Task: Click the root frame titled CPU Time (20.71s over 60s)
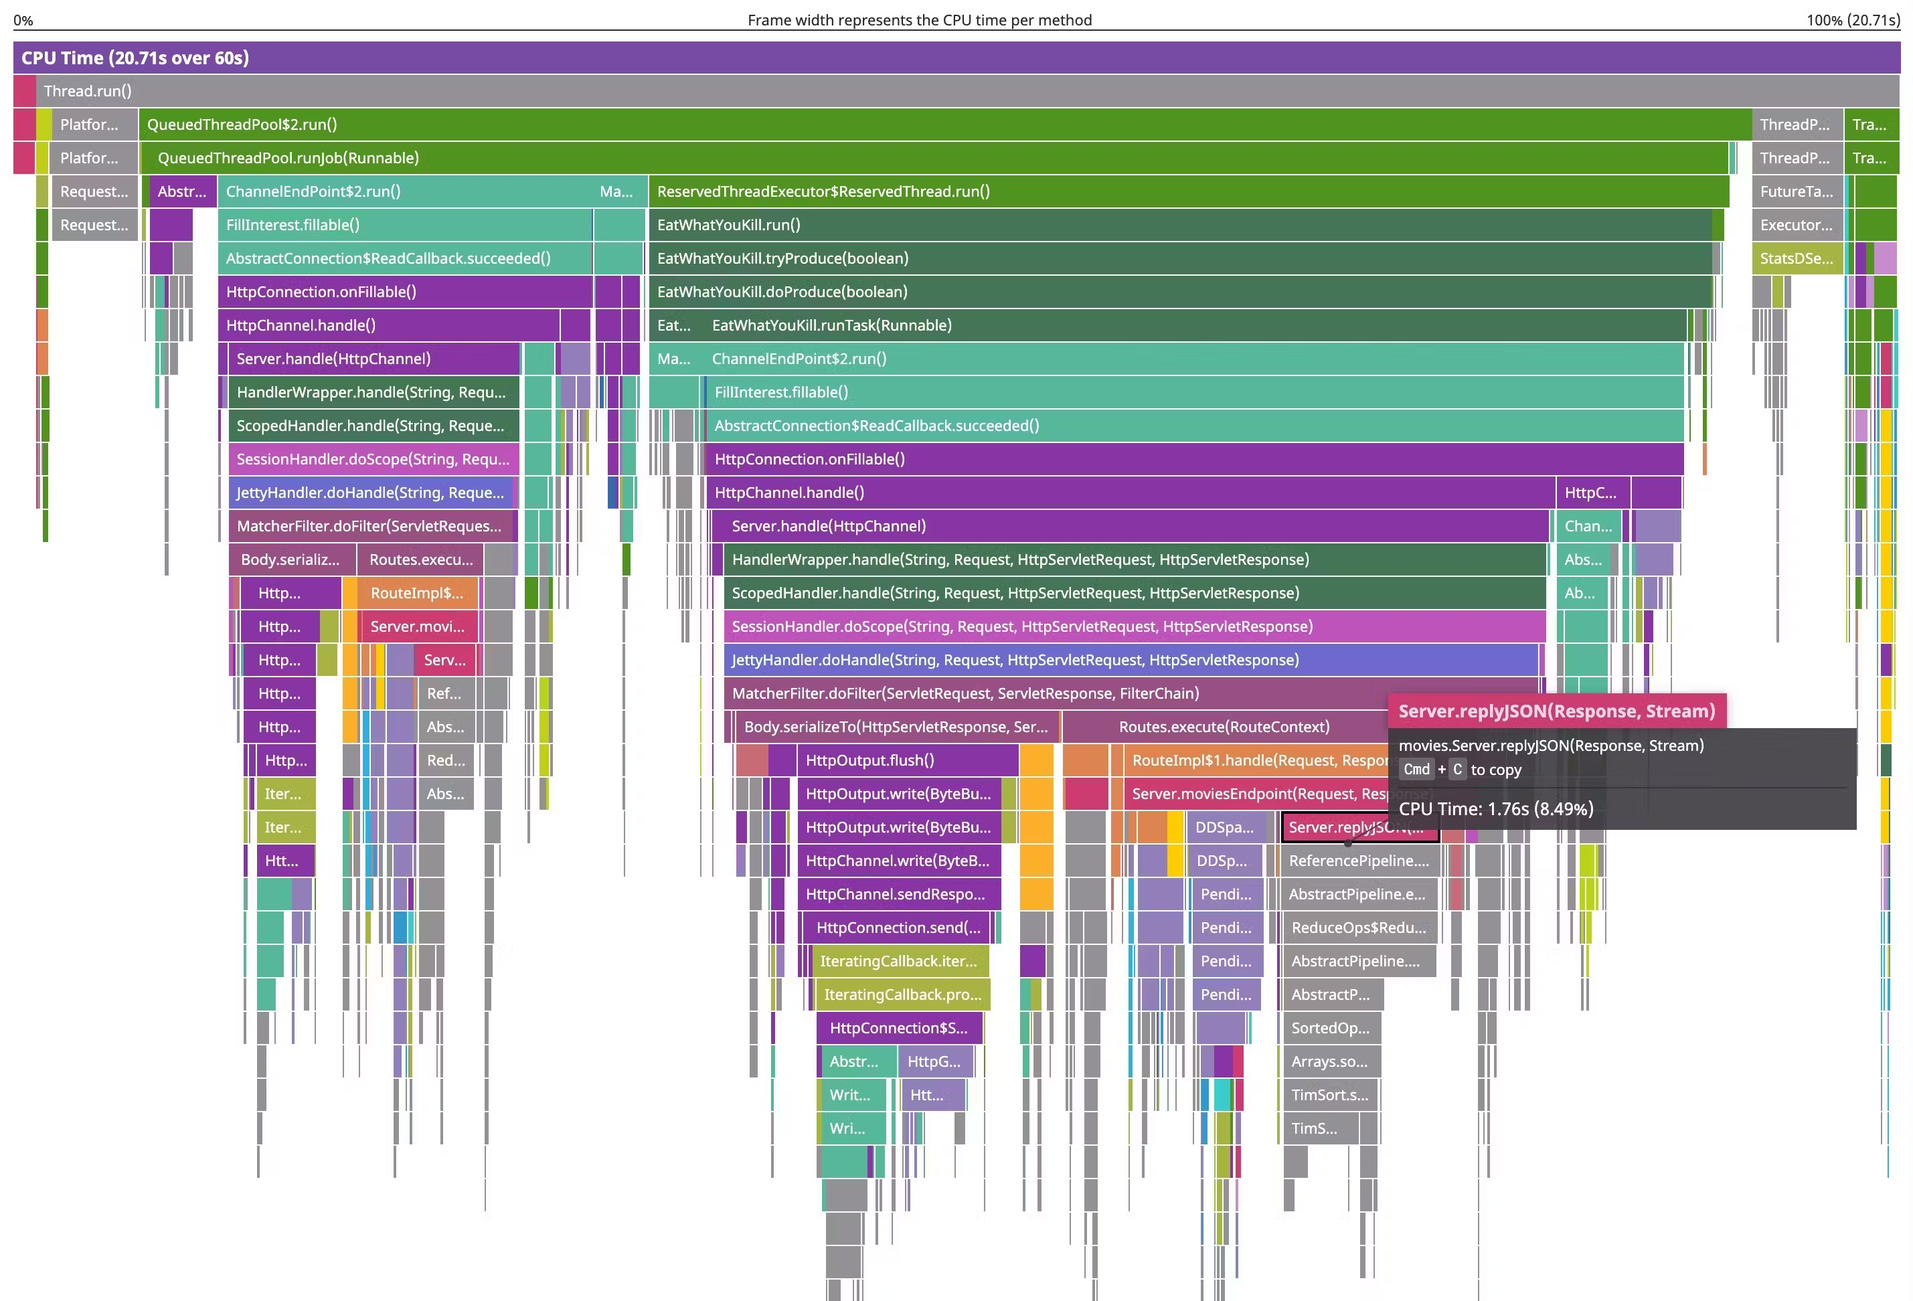(x=955, y=58)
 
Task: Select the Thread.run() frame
(x=955, y=91)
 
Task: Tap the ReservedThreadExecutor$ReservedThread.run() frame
(x=1185, y=191)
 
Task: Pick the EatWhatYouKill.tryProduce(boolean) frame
(x=1177, y=258)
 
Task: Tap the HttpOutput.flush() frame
(x=906, y=760)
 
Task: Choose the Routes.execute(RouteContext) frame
(x=1222, y=727)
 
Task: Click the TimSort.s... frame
(x=1329, y=1094)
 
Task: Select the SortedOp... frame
(x=1329, y=1028)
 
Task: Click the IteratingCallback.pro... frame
(x=902, y=994)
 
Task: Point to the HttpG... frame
(x=934, y=1061)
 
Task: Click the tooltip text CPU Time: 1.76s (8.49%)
(x=1496, y=809)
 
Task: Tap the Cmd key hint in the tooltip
(x=1416, y=770)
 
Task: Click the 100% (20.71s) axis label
(x=1852, y=20)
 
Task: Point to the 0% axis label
(x=23, y=20)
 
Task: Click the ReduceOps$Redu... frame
(x=1358, y=928)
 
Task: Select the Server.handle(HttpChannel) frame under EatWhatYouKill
(x=1128, y=526)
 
